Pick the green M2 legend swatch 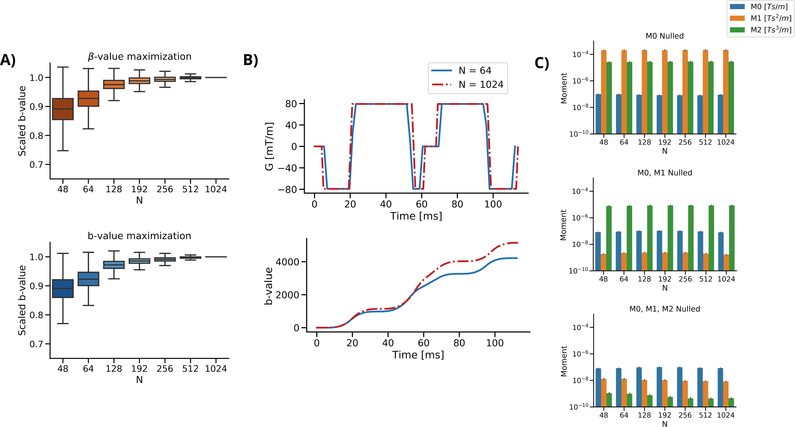click(737, 30)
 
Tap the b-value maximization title click(140, 236)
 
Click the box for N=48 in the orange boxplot click(63, 109)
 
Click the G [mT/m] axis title click(269, 146)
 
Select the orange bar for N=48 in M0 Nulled click(604, 92)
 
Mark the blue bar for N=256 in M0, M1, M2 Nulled click(680, 387)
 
